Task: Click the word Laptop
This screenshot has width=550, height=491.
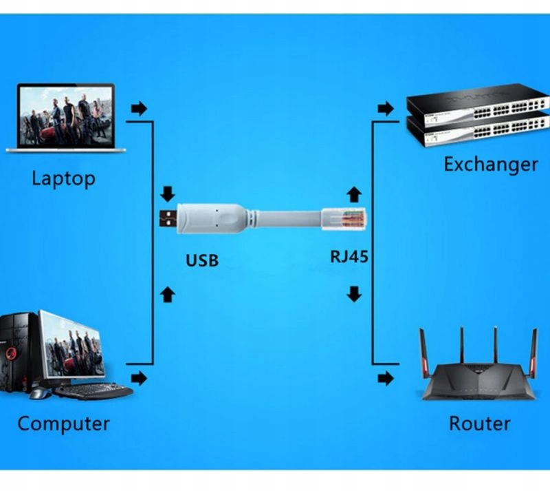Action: click(x=63, y=179)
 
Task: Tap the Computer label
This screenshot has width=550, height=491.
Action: click(x=63, y=423)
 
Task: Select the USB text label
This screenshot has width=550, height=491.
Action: click(x=202, y=261)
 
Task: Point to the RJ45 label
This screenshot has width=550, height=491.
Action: click(x=349, y=258)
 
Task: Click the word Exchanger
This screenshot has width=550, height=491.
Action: click(x=490, y=165)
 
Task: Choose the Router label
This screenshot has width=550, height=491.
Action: click(x=479, y=424)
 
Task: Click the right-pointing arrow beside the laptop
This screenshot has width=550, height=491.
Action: click(x=139, y=108)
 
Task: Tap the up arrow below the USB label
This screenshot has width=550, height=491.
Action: click(x=167, y=295)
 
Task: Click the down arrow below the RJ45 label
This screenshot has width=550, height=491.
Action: click(x=354, y=295)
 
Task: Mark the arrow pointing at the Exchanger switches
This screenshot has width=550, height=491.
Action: click(x=386, y=108)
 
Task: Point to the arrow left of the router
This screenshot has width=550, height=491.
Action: click(x=386, y=378)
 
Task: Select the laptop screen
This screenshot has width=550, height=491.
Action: click(x=66, y=115)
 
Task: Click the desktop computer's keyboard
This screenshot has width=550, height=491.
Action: click(x=93, y=391)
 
